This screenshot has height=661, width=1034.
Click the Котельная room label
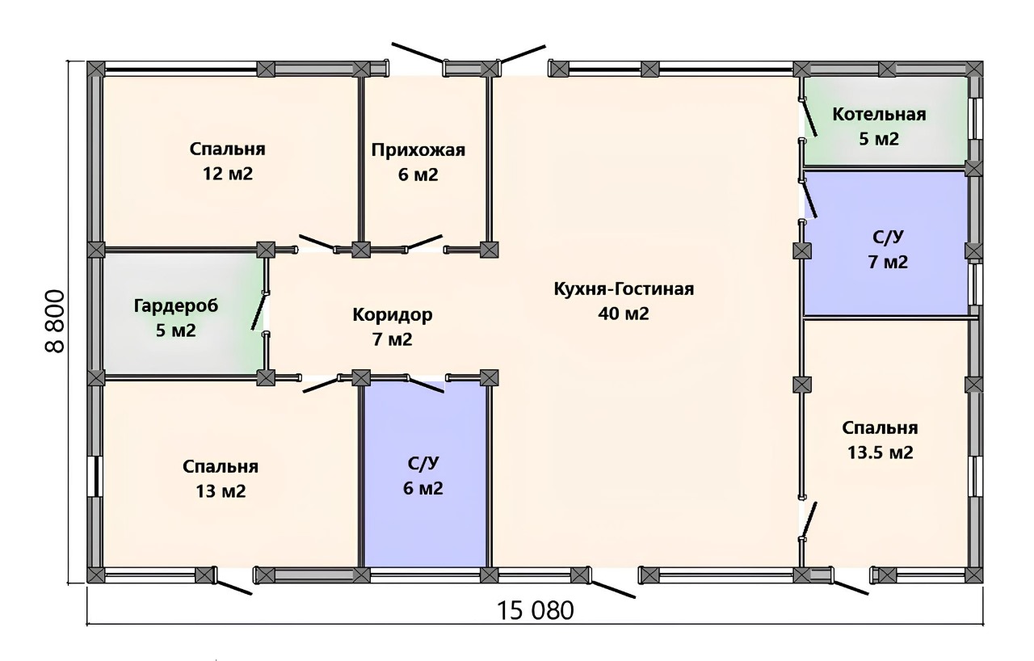click(x=879, y=115)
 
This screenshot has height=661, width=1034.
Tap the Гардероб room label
click(x=176, y=306)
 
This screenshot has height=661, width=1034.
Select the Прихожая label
click(x=418, y=150)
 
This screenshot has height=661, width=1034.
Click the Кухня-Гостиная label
click(x=624, y=289)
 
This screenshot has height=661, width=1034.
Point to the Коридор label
click(x=393, y=315)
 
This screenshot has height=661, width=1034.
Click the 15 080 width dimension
click(x=536, y=610)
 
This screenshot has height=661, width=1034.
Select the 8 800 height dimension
click(x=55, y=322)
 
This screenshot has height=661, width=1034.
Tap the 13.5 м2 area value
click(x=880, y=453)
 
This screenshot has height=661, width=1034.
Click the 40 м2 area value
click(x=624, y=314)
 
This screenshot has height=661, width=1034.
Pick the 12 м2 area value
click(x=228, y=174)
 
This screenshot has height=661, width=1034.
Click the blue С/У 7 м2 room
click(x=885, y=243)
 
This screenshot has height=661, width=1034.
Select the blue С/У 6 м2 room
click(x=425, y=474)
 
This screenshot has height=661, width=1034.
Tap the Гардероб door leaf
click(x=259, y=312)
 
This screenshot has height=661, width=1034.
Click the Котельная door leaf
click(x=809, y=118)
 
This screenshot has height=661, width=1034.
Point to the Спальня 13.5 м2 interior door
click(x=809, y=520)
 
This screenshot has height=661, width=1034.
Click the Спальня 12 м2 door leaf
click(x=317, y=242)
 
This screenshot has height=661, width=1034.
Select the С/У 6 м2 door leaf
click(x=426, y=385)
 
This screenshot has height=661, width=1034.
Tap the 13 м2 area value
click(x=221, y=491)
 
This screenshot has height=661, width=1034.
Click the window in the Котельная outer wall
click(x=976, y=118)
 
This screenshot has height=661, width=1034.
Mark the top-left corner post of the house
click(x=96, y=69)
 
